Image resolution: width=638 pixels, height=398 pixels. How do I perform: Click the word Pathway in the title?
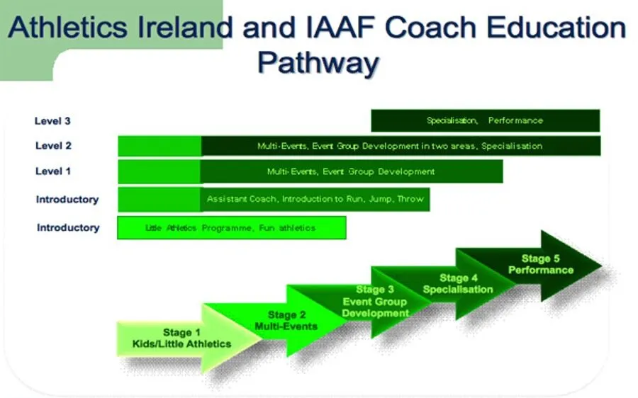point(318,63)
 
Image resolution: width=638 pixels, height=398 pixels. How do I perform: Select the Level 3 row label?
point(52,120)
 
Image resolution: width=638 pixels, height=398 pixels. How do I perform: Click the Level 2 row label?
point(53,146)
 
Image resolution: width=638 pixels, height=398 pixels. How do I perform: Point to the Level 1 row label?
point(53,171)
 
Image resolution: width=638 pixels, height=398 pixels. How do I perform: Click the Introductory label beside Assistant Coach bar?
point(67,199)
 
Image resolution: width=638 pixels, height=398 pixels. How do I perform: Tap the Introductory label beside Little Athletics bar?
point(68,227)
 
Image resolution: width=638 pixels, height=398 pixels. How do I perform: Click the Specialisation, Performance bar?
point(486,120)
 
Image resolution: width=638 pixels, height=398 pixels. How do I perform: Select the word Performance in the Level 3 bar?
point(515,120)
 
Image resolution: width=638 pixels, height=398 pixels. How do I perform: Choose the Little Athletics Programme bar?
point(232,227)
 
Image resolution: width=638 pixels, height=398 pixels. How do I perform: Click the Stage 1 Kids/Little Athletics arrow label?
point(181,339)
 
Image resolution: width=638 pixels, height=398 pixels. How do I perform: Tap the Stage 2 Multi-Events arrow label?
point(286,320)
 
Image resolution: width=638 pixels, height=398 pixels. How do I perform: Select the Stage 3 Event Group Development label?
point(375,301)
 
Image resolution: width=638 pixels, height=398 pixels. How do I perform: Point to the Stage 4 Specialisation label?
point(458,284)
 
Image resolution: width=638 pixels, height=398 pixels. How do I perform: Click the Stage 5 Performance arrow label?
point(541,264)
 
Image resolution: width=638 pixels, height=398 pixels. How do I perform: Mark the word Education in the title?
point(556,28)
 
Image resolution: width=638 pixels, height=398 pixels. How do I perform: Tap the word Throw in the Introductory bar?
point(410,199)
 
